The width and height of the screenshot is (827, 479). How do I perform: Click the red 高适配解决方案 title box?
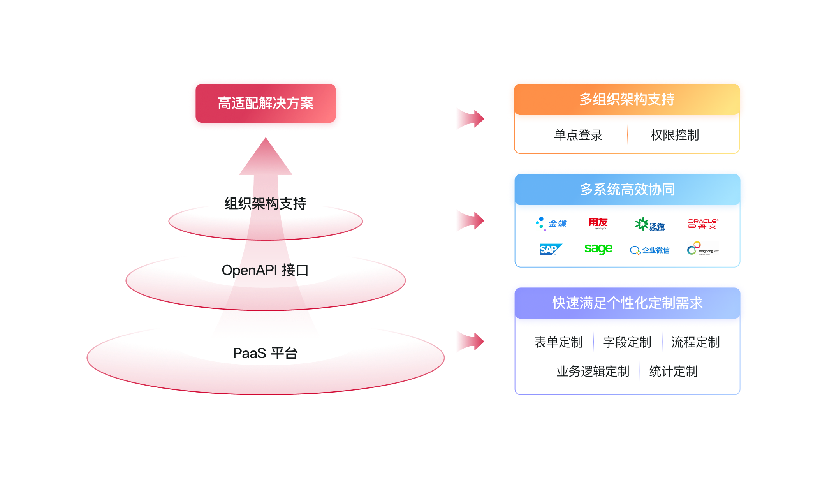(x=266, y=104)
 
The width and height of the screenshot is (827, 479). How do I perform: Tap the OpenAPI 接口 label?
(x=265, y=270)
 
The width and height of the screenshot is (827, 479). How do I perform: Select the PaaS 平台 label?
(x=265, y=353)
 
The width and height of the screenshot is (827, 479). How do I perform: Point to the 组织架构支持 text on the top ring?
(x=265, y=203)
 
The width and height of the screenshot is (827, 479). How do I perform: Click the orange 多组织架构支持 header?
(x=627, y=99)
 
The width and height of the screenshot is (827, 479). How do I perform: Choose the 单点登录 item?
(x=578, y=135)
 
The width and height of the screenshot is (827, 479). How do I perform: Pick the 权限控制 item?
(x=675, y=135)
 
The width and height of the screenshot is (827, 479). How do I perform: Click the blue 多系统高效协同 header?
(x=627, y=190)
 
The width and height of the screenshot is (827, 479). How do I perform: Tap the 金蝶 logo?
(x=551, y=224)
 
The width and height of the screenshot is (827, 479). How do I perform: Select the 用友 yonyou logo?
(x=598, y=224)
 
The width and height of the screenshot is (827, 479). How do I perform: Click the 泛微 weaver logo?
(x=650, y=224)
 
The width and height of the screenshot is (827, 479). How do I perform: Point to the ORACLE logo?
(x=703, y=224)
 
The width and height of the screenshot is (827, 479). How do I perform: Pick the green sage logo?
(x=598, y=248)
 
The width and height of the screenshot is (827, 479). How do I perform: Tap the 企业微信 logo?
(x=650, y=250)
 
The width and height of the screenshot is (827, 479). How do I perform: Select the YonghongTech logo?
(x=703, y=249)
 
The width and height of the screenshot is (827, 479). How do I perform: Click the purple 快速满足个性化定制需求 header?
(x=627, y=303)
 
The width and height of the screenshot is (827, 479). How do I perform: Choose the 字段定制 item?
(x=627, y=342)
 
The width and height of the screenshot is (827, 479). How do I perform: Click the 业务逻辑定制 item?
(x=593, y=372)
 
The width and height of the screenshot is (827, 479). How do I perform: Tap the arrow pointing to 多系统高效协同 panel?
(x=470, y=221)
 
